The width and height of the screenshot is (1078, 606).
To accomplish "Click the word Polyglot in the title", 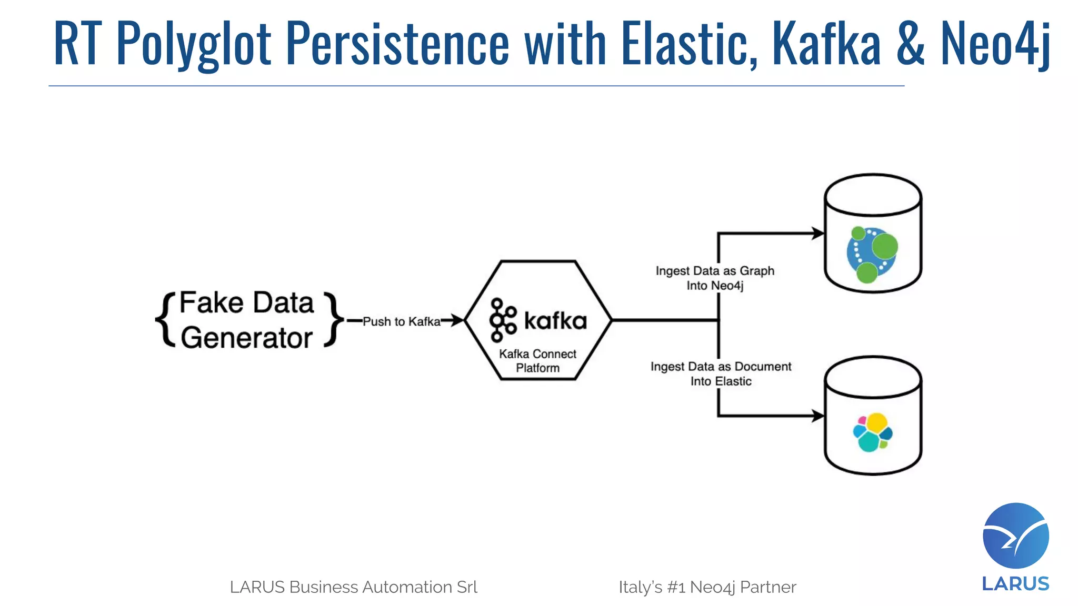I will pos(193,44).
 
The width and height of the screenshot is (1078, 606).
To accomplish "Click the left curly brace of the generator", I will pos(165,320).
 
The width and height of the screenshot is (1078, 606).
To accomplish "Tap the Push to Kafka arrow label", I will pos(401,321).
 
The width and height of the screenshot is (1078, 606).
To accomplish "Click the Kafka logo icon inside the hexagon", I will pos(502,320).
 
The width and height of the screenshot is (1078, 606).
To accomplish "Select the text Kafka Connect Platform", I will pos(537,361).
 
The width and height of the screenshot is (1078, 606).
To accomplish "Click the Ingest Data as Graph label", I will pos(714,278).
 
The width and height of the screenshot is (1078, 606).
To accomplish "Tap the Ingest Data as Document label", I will pos(721,373).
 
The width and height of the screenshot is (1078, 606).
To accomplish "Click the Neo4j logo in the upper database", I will pos(872,255).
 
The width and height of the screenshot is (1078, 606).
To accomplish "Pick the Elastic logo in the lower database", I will pos(872,432).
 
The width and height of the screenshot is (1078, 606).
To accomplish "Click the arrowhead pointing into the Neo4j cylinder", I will pos(818,233).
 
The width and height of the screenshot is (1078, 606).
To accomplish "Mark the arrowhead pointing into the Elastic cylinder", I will pos(818,416).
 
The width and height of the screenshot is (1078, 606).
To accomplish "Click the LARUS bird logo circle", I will pos(1015,536).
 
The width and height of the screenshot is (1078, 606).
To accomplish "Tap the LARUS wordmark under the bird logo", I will pos(1015,584).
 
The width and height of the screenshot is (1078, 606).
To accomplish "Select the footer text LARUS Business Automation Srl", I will pos(353,587).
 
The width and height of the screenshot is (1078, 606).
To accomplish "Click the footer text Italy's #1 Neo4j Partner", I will pos(707,587).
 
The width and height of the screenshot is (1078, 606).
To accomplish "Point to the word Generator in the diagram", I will pos(246,338).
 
